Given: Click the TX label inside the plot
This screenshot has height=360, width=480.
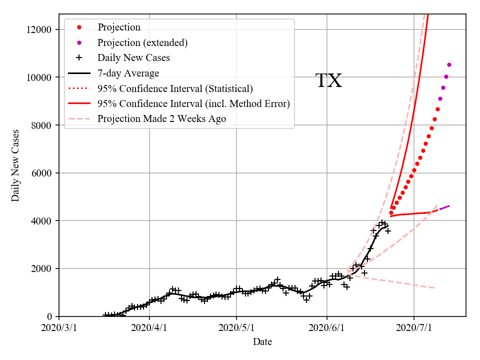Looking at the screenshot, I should (x=328, y=81).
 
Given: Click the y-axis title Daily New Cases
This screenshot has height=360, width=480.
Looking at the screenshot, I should (x=15, y=165).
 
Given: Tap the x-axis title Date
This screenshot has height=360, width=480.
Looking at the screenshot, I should (x=262, y=342).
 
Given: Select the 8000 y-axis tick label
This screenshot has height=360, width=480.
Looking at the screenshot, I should (x=42, y=125).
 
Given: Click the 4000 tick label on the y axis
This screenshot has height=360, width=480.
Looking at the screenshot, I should (x=42, y=220).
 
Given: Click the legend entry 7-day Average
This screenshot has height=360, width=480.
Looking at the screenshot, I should (x=128, y=73).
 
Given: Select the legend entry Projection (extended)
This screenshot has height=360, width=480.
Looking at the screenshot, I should (x=142, y=42).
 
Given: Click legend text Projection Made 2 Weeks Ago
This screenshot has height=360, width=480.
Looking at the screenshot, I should (x=161, y=118).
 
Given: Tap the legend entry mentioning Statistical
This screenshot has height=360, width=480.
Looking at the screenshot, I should (x=175, y=88).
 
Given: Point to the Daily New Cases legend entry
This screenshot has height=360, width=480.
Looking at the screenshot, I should (x=133, y=57).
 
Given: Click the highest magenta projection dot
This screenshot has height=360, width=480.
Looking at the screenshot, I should (x=449, y=64).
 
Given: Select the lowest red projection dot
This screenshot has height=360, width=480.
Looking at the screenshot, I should (x=391, y=213).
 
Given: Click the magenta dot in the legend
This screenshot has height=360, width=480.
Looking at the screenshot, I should (x=78, y=42).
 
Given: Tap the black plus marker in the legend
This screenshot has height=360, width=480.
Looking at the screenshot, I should (x=78, y=57).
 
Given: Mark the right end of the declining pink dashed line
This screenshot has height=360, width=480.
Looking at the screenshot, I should (x=437, y=288).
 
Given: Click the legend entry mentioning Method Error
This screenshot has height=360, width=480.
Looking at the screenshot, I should (x=193, y=103).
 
